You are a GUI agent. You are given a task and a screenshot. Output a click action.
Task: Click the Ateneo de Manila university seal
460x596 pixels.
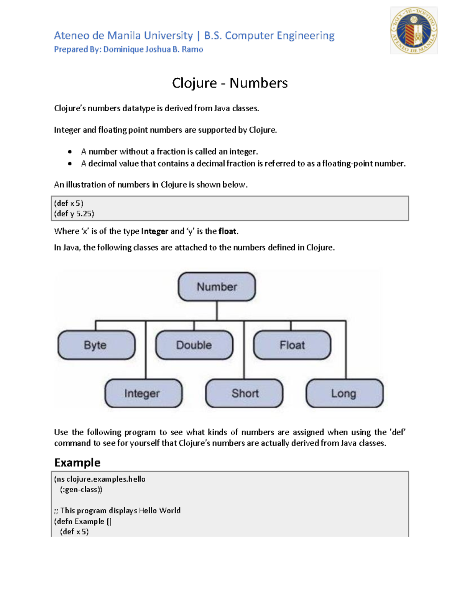pyautogui.click(x=414, y=30)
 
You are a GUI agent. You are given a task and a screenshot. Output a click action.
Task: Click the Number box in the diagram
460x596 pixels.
pyautogui.click(x=217, y=287)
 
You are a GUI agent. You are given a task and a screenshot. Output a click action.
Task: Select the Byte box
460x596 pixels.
pyautogui.click(x=96, y=345)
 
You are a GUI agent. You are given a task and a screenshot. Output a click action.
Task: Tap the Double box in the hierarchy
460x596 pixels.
pyautogui.click(x=194, y=345)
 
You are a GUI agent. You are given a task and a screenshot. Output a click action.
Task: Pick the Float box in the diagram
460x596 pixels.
pyautogui.click(x=292, y=345)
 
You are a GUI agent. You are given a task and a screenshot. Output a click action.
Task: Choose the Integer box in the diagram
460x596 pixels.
pyautogui.click(x=143, y=393)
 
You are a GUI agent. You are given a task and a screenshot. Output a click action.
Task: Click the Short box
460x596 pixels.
pyautogui.click(x=244, y=393)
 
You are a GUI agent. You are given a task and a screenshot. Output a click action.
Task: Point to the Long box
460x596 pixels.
pyautogui.click(x=344, y=393)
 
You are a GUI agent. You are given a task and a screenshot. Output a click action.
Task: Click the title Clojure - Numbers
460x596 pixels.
pyautogui.click(x=230, y=83)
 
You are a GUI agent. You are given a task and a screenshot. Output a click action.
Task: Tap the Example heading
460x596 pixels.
pyautogui.click(x=77, y=462)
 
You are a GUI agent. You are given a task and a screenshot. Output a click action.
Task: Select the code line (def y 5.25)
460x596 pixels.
pyautogui.click(x=74, y=214)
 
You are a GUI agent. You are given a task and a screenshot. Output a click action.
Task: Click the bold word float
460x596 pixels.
pyautogui.click(x=227, y=231)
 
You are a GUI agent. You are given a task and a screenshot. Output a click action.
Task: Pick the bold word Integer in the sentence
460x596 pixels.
pyautogui.click(x=154, y=231)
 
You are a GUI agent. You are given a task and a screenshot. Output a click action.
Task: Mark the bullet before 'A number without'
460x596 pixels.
pyautogui.click(x=70, y=152)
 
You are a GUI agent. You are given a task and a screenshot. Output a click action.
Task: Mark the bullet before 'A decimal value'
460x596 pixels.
pyautogui.click(x=70, y=164)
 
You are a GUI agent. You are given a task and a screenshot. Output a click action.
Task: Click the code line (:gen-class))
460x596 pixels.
pyautogui.click(x=81, y=490)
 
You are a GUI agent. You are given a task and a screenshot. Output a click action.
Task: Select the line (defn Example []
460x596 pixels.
pyautogui.click(x=83, y=522)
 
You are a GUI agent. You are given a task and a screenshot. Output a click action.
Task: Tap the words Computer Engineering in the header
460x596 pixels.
pyautogui.click(x=279, y=36)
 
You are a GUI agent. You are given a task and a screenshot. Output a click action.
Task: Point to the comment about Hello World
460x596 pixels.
pyautogui.click(x=117, y=511)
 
